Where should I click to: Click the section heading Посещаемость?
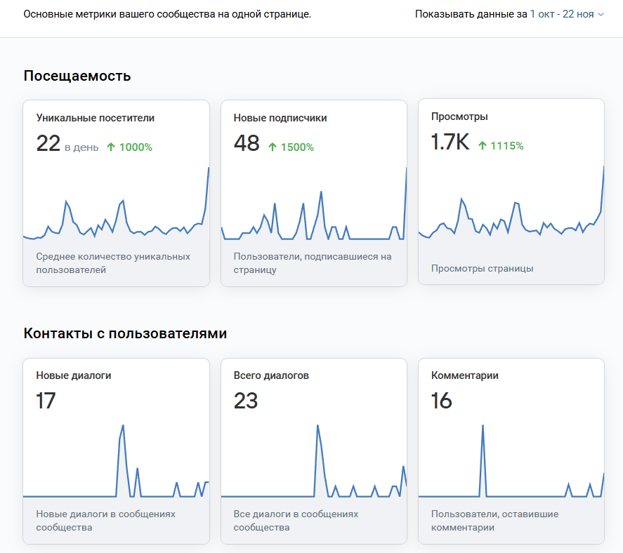click(77, 76)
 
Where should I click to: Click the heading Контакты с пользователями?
click(125, 333)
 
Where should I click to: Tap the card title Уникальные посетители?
click(96, 118)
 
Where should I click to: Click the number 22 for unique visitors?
click(48, 143)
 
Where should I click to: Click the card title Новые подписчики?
click(280, 118)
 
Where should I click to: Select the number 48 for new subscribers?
click(247, 143)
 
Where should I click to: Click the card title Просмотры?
click(459, 116)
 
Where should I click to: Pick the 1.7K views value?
click(450, 142)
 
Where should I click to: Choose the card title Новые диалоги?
click(74, 375)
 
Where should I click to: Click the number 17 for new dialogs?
click(46, 401)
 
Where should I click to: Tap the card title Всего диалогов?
click(271, 375)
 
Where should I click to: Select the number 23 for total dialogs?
click(246, 401)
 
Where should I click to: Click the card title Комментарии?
click(465, 375)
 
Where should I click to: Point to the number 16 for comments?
click(442, 401)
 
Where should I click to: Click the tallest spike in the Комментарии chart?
click(483, 427)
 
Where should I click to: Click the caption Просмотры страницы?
click(482, 268)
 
